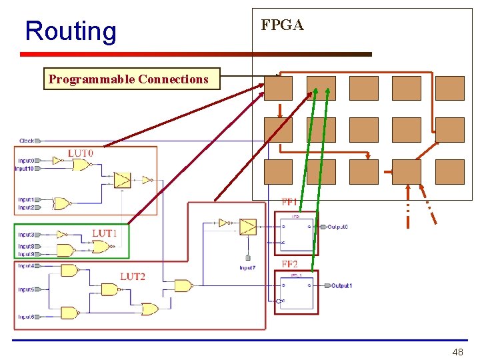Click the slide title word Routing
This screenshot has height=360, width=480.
(70, 31)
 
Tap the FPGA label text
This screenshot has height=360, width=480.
(282, 25)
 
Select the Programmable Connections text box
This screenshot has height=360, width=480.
(129, 79)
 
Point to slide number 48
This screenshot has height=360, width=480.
(457, 352)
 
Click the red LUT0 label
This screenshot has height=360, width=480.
(81, 153)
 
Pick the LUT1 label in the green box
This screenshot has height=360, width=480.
(105, 233)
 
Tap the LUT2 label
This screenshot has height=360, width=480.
(133, 276)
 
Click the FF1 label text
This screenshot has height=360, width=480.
(290, 201)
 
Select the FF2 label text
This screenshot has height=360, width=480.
(290, 264)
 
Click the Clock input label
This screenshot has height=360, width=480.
(27, 141)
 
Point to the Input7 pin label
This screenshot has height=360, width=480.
(247, 268)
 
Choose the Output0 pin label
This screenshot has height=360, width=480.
(338, 227)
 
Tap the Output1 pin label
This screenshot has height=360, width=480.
(341, 286)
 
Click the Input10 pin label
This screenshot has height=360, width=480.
(25, 169)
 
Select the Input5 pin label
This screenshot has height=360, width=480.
(26, 290)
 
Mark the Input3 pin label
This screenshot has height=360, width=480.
(26, 235)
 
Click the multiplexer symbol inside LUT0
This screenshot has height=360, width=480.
(122, 180)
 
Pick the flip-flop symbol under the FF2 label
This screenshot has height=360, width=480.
(297, 291)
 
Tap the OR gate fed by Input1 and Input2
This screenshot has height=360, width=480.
(62, 203)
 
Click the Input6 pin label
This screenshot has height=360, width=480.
(26, 317)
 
